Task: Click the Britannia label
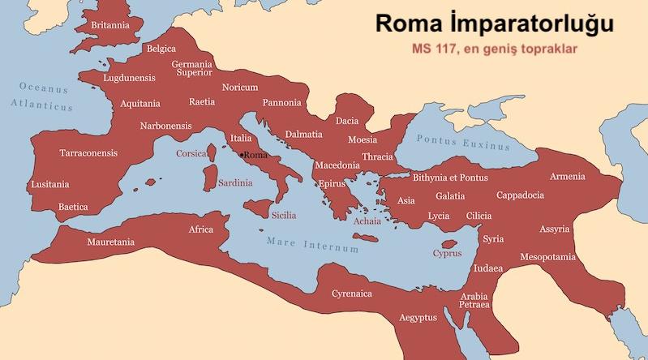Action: pyautogui.click(x=110, y=25)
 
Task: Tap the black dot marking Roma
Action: pyautogui.click(x=241, y=154)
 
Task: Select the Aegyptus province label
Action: pyautogui.click(x=418, y=317)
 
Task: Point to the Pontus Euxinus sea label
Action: pyautogui.click(x=463, y=143)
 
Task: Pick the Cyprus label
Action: pyautogui.click(x=447, y=253)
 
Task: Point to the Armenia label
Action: pyautogui.click(x=567, y=176)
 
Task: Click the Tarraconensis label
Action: pyautogui.click(x=88, y=152)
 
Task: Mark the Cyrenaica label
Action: pyautogui.click(x=351, y=294)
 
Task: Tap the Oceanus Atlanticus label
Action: pyautogui.click(x=43, y=96)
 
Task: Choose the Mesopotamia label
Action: pyautogui.click(x=548, y=257)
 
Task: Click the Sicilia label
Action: pyautogui.click(x=283, y=215)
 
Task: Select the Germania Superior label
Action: pyautogui.click(x=192, y=68)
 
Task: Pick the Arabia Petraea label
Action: pyautogui.click(x=474, y=300)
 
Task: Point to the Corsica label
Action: pyautogui.click(x=192, y=153)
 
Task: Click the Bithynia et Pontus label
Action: pyautogui.click(x=450, y=177)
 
